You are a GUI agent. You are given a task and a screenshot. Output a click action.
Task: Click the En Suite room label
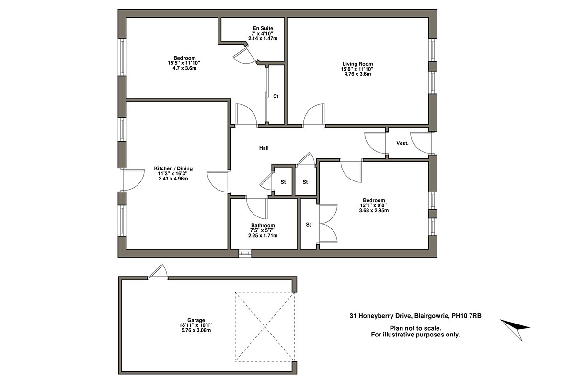coord(263,28)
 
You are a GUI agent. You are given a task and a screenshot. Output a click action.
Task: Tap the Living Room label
coord(357,64)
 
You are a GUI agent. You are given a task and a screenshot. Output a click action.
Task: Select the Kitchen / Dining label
coord(173,168)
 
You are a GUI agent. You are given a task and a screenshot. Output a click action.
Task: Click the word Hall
coord(264,148)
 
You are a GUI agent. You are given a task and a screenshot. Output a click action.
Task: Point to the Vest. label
coord(402,144)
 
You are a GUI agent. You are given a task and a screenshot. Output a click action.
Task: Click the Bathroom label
coord(263,226)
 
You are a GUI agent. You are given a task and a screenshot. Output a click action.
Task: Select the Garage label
coord(196,320)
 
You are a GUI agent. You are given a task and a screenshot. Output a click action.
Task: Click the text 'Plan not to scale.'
coord(415,328)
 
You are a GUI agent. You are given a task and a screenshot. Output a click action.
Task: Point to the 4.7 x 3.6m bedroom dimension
coord(184,68)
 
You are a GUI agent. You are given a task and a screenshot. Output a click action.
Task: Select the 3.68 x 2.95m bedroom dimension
coord(374,210)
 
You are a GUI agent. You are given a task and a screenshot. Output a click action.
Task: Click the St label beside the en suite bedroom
coord(276,96)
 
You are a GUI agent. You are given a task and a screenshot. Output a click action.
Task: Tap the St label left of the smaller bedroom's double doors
coord(309,224)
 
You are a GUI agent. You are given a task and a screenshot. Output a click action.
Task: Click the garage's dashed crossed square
coord(264,327)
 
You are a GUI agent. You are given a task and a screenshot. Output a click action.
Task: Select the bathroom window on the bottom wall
coord(245,252)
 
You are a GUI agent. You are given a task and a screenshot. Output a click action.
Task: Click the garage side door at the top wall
coord(158,272)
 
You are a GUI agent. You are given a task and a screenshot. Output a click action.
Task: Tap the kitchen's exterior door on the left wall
coord(133,180)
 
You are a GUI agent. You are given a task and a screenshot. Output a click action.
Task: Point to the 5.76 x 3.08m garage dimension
coord(196,330)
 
